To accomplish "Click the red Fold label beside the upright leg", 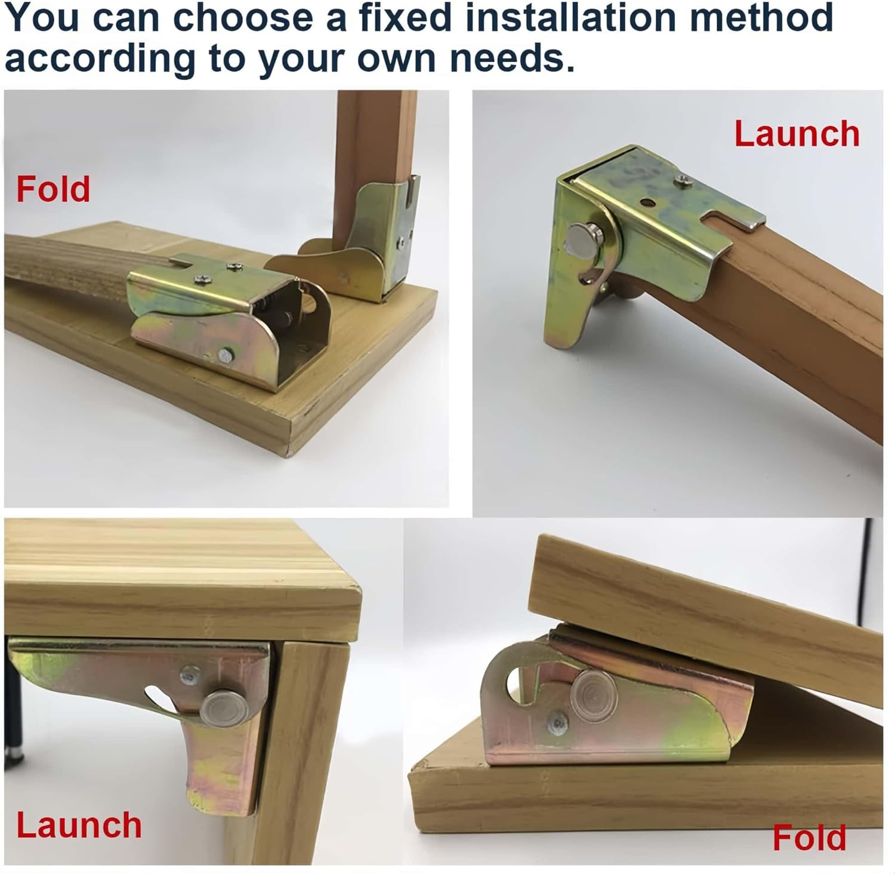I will [x=53, y=189].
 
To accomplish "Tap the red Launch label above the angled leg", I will [x=796, y=134].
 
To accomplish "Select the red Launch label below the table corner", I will [x=79, y=825].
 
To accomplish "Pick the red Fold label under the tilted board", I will [x=808, y=838].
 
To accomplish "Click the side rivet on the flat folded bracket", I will [x=227, y=355].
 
